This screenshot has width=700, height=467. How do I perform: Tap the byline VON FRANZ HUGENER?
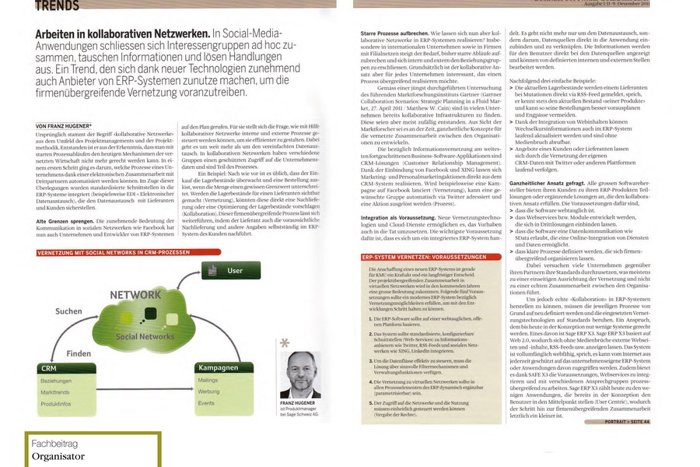[x=65, y=126]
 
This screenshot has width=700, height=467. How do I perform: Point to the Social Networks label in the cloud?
[x=145, y=336]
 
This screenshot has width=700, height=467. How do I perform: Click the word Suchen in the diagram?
[x=68, y=311]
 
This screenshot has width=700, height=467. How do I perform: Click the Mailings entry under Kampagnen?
[x=208, y=381]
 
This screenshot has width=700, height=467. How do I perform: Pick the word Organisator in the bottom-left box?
[x=58, y=457]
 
